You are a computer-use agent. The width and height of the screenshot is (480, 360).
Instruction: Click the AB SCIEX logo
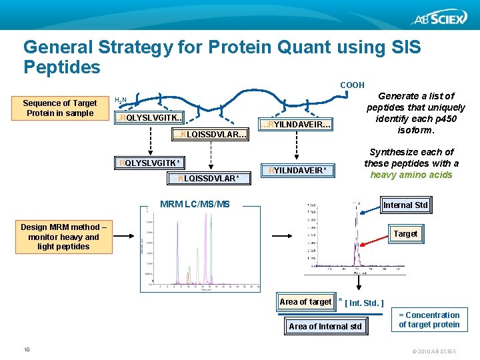pyautogui.click(x=436, y=18)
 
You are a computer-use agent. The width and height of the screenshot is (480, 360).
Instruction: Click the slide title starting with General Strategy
pyautogui.click(x=222, y=57)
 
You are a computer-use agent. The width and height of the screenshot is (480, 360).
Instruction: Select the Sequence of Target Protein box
pyautogui.click(x=60, y=108)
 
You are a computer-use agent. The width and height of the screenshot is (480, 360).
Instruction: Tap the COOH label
pyautogui.click(x=352, y=85)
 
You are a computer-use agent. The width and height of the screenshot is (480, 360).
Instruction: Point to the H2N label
pyautogui.click(x=121, y=100)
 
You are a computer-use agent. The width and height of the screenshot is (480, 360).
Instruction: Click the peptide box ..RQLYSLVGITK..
pyautogui.click(x=149, y=118)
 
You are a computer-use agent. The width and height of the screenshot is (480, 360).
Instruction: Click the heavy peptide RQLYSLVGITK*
pyautogui.click(x=149, y=163)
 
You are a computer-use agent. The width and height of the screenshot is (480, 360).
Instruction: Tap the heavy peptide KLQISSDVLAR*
pyautogui.click(x=209, y=178)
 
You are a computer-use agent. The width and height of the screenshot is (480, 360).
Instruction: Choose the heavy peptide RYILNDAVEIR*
pyautogui.click(x=295, y=171)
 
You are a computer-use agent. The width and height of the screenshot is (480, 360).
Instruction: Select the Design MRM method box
pyautogui.click(x=63, y=237)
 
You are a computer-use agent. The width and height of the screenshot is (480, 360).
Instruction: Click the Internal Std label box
pyautogui.click(x=405, y=205)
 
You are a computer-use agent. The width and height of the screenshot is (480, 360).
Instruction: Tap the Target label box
pyautogui.click(x=405, y=233)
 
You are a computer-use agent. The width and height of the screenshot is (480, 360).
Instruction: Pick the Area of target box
pyautogui.click(x=305, y=302)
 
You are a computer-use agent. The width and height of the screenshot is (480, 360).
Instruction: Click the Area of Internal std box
pyautogui.click(x=325, y=326)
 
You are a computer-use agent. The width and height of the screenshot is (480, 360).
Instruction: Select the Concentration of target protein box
pyautogui.click(x=429, y=320)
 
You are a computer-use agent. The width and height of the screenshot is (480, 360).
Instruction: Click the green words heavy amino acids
pyautogui.click(x=411, y=175)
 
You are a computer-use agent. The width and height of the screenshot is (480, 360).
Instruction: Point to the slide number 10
pyautogui.click(x=27, y=349)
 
